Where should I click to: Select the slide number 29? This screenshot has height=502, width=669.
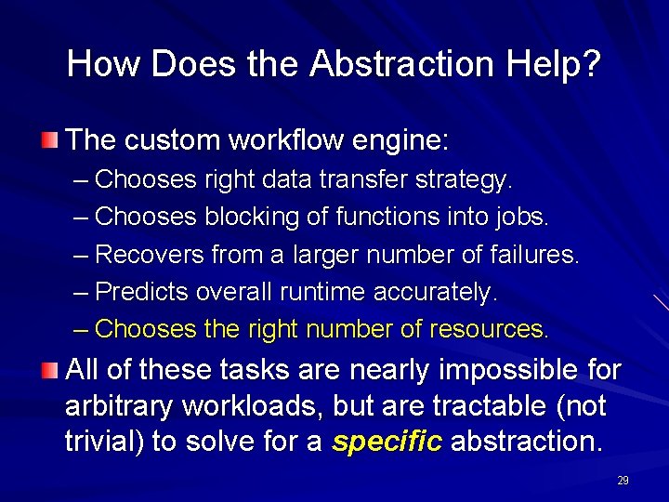623,481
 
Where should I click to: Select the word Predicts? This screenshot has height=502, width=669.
142,291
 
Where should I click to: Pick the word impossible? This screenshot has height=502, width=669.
500,370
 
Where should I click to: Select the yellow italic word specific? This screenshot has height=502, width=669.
387,442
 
